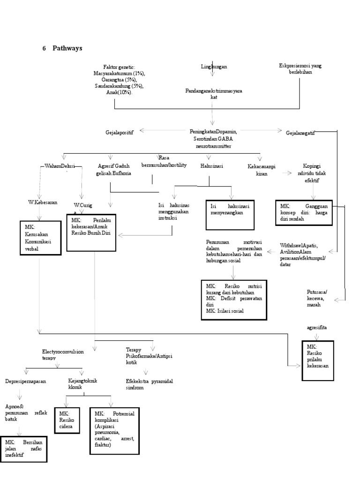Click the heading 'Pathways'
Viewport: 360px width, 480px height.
(x=68, y=48)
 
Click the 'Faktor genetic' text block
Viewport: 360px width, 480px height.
(x=119, y=80)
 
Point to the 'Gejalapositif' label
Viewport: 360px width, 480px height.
(x=120, y=133)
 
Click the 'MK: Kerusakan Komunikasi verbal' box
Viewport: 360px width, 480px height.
(x=40, y=238)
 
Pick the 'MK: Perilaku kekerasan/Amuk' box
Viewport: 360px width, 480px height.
(x=91, y=227)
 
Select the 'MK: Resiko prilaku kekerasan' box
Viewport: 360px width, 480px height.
(x=318, y=360)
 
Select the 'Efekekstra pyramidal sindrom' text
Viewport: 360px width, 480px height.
(x=149, y=384)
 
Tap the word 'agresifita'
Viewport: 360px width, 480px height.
(x=317, y=327)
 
